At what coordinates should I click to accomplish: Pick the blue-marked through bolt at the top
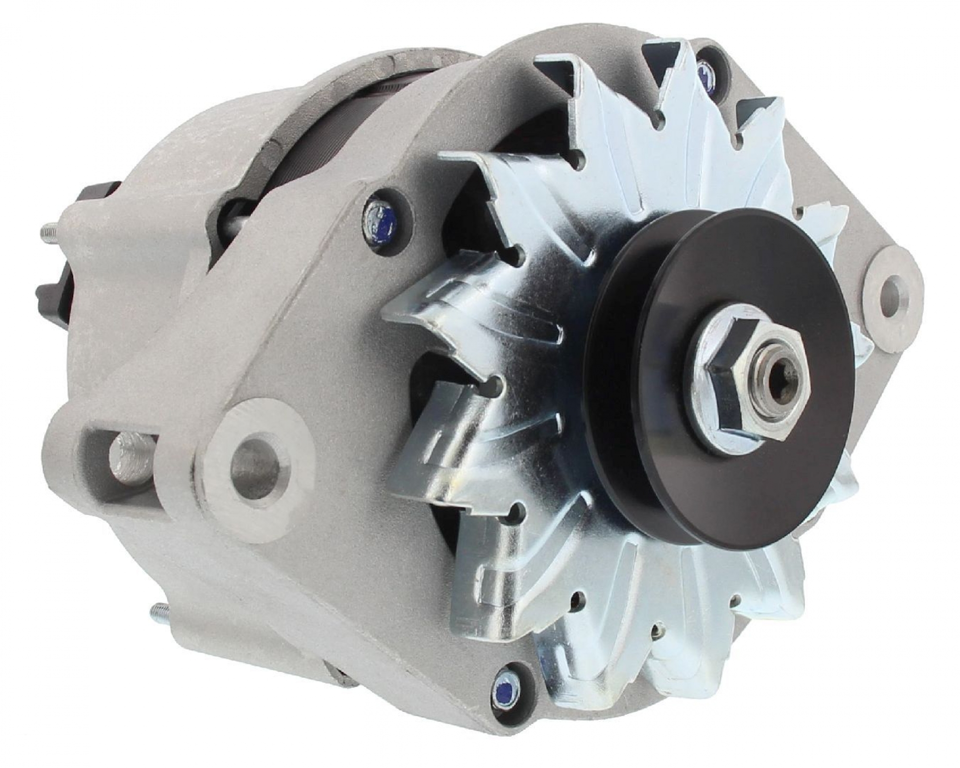(704, 67)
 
